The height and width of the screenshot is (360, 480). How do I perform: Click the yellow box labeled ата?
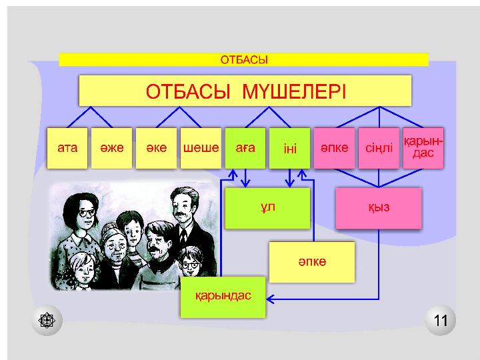pyautogui.click(x=67, y=148)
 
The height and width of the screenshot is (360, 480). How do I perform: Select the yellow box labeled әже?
pyautogui.click(x=112, y=148)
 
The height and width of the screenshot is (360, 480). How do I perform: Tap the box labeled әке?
pyautogui.click(x=157, y=148)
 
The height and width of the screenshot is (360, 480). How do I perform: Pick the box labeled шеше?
pyautogui.click(x=201, y=148)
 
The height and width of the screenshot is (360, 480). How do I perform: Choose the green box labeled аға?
pyautogui.click(x=245, y=148)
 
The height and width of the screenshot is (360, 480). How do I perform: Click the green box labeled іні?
pyautogui.click(x=289, y=148)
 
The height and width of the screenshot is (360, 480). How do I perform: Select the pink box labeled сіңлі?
pyautogui.click(x=379, y=148)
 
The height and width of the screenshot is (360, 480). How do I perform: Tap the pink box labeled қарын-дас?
pyautogui.click(x=423, y=148)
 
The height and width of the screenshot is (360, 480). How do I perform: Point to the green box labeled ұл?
pyautogui.click(x=267, y=208)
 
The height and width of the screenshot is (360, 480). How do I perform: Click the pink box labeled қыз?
pyautogui.click(x=379, y=208)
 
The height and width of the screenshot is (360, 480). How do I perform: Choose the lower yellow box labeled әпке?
pyautogui.click(x=312, y=262)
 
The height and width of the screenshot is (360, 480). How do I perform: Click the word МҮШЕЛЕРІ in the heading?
pyautogui.click(x=294, y=91)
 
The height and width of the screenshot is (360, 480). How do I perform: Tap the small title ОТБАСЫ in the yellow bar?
pyautogui.click(x=244, y=60)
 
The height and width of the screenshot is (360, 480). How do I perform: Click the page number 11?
pyautogui.click(x=441, y=321)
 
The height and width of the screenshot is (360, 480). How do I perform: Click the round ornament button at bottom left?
pyautogui.click(x=47, y=321)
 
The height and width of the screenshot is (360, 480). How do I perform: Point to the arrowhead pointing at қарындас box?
pyautogui.click(x=269, y=299)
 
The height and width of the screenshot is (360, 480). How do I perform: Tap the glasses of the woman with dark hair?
pyautogui.click(x=87, y=213)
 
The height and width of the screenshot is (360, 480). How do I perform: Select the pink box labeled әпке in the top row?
pyautogui.click(x=334, y=148)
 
